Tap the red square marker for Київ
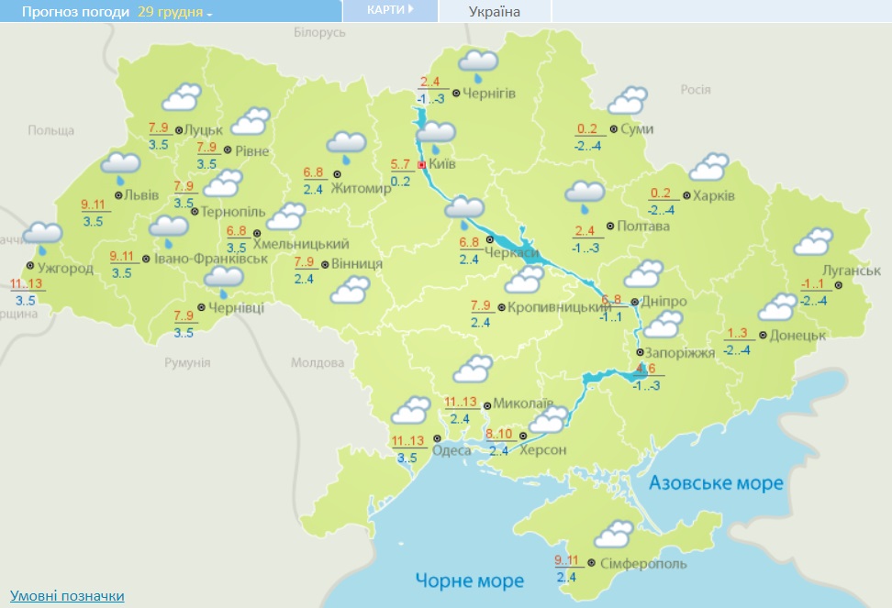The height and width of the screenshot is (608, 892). pyautogui.click(x=421, y=165)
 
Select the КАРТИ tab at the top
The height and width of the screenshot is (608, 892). pyautogui.click(x=389, y=9)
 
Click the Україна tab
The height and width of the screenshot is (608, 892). pyautogui.click(x=494, y=11)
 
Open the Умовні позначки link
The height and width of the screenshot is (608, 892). pyautogui.click(x=67, y=596)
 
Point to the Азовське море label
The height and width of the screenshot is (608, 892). pyautogui.click(x=716, y=483)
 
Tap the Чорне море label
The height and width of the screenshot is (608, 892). pyautogui.click(x=469, y=580)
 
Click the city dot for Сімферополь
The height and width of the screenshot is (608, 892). pyautogui.click(x=591, y=561)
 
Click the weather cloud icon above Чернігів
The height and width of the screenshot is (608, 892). pyautogui.click(x=478, y=64)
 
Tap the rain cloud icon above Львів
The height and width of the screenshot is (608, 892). pyautogui.click(x=120, y=166)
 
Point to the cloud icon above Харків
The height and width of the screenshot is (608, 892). pyautogui.click(x=708, y=168)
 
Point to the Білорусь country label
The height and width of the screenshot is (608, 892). pyautogui.click(x=319, y=32)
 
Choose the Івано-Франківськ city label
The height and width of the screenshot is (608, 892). pyautogui.click(x=211, y=259)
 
